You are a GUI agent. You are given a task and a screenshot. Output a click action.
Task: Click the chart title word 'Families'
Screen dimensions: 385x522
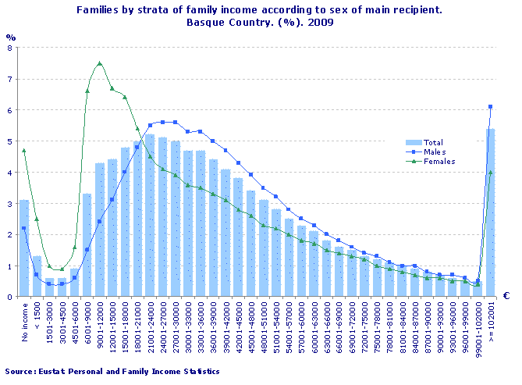pyautogui.click(x=99, y=10)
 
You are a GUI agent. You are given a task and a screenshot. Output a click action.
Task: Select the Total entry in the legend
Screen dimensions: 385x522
pyautogui.click(x=433, y=142)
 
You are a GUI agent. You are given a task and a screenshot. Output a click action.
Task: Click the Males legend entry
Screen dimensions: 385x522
pyautogui.click(x=434, y=152)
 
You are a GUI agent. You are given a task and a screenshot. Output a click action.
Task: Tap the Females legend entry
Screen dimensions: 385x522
pyautogui.click(x=439, y=161)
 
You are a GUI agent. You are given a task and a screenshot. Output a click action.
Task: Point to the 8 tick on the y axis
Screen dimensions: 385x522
pyautogui.click(x=9, y=48)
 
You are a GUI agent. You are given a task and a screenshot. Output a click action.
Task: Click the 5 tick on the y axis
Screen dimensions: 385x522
pyautogui.click(x=9, y=141)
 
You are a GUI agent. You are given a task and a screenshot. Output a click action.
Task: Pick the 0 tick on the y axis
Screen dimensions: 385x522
pyautogui.click(x=9, y=297)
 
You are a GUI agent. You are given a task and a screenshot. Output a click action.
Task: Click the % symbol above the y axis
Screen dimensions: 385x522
pyautogui.click(x=10, y=37)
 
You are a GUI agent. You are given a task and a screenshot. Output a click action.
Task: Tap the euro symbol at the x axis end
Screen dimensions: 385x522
pyautogui.click(x=506, y=296)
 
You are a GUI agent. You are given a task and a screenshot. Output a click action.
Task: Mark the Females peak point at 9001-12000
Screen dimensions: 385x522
pyautogui.click(x=100, y=63)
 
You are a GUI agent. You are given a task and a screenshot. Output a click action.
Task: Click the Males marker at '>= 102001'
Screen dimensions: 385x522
pyautogui.click(x=490, y=107)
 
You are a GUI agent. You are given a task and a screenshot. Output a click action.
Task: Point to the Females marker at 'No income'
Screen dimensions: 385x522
pyautogui.click(x=24, y=150)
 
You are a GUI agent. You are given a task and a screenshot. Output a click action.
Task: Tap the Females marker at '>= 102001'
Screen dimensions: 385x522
pyautogui.click(x=490, y=173)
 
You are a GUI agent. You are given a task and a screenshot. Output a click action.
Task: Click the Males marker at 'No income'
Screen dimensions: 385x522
pyautogui.click(x=24, y=228)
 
